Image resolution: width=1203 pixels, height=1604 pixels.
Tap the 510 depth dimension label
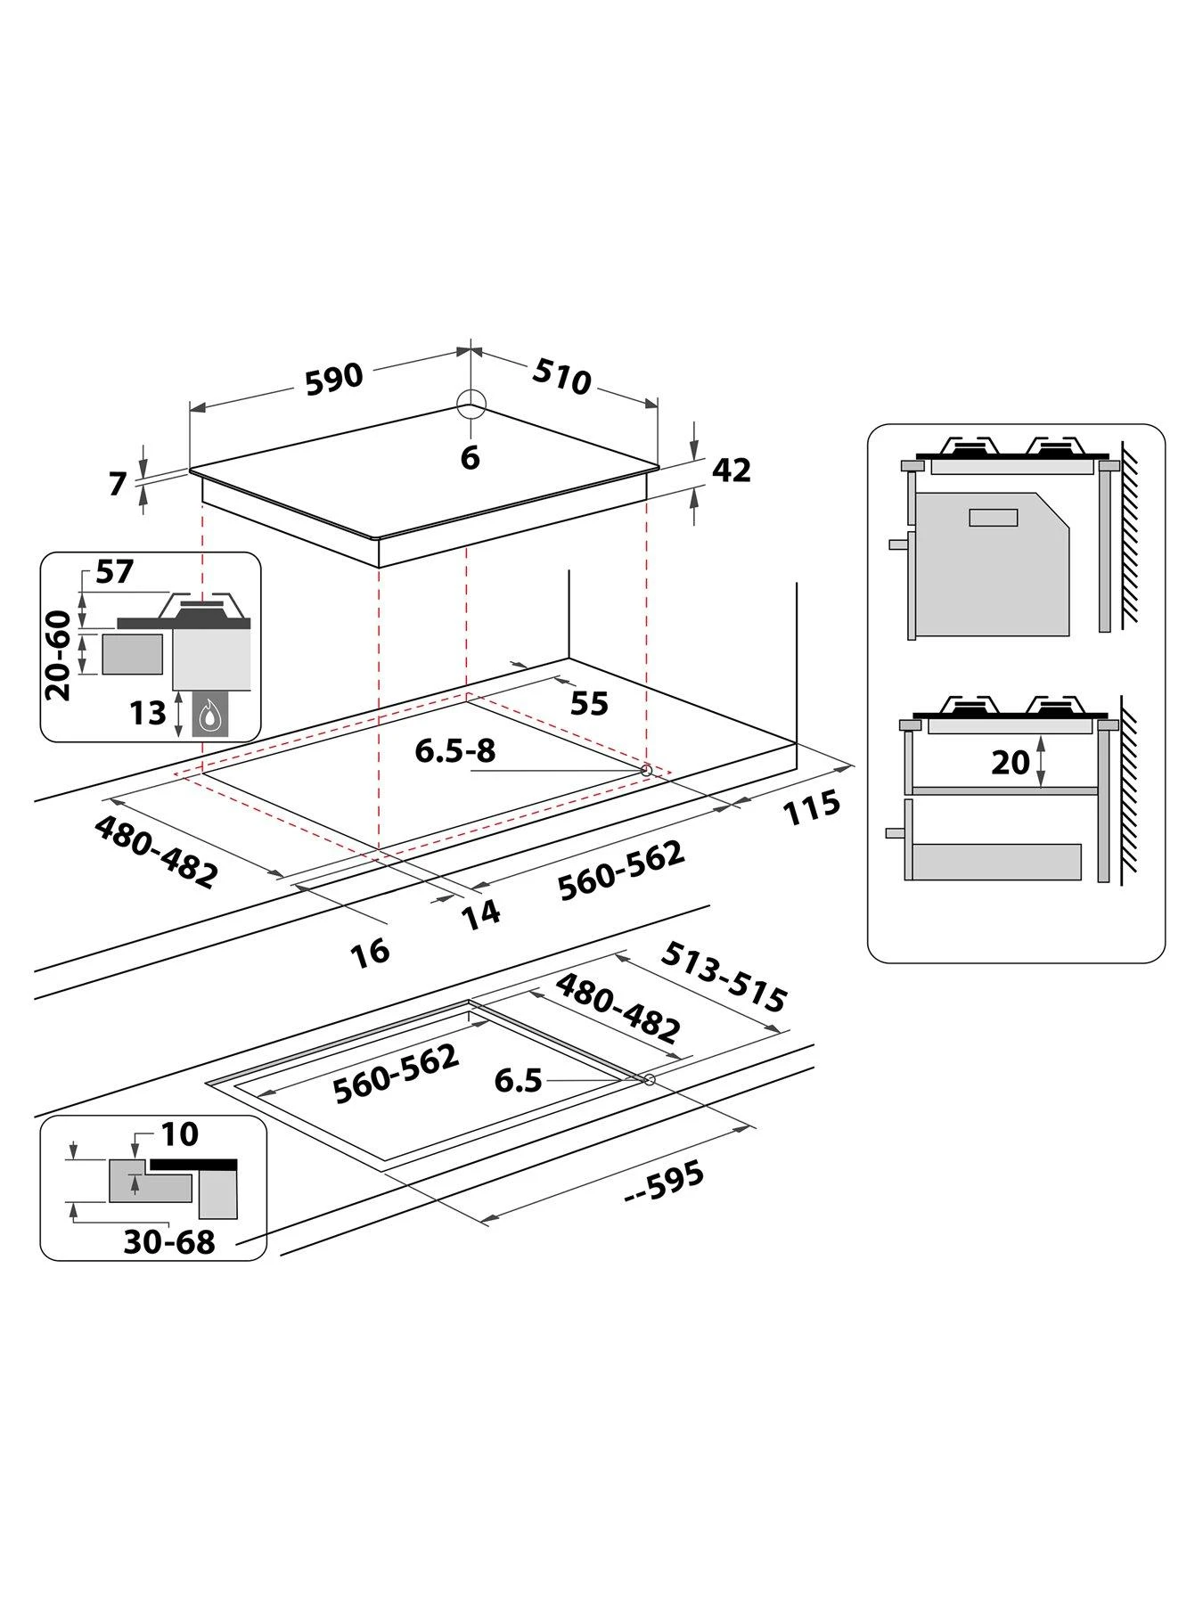click(561, 377)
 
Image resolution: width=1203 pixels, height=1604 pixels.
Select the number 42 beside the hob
click(732, 470)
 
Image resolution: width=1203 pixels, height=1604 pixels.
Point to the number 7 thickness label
click(118, 484)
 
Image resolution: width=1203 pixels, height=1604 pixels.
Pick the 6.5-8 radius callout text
click(454, 751)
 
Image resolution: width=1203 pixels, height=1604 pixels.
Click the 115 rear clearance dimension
click(811, 806)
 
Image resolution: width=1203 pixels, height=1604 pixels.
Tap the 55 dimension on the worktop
click(589, 703)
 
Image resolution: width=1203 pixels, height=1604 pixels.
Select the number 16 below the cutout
click(370, 952)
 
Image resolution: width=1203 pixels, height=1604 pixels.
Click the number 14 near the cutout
click(481, 913)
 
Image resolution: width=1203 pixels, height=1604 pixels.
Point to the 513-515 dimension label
click(724, 978)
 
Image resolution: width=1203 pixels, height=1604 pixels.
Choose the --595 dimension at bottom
click(665, 1183)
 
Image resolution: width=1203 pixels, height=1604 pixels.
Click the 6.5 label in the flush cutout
click(519, 1081)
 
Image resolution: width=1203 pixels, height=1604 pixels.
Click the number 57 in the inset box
click(114, 571)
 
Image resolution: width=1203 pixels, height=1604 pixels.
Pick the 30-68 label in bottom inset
click(169, 1241)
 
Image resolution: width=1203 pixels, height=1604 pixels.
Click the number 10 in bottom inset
click(179, 1134)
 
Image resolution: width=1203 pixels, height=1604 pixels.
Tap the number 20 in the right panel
click(1010, 762)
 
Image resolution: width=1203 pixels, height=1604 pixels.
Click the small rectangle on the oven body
click(993, 517)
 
